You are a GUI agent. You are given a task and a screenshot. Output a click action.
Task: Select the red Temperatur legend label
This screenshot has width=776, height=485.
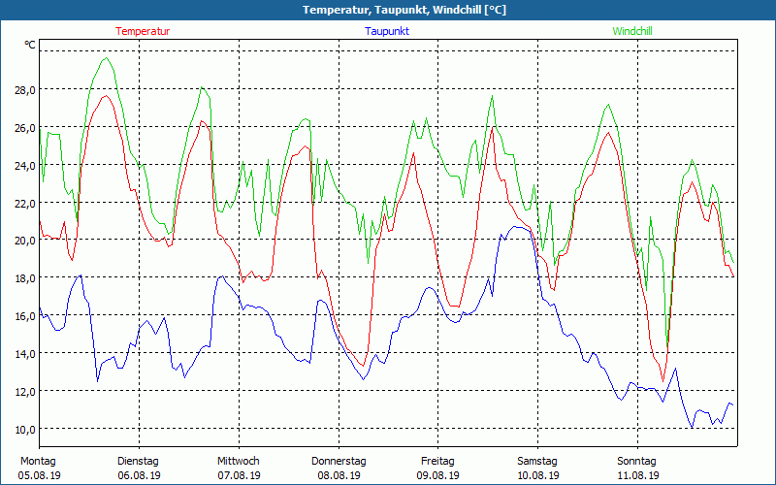pyautogui.click(x=143, y=31)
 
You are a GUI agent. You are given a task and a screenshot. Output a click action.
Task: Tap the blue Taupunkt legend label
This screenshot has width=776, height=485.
pyautogui.click(x=386, y=31)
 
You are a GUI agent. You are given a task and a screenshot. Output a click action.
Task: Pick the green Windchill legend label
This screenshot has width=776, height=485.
pyautogui.click(x=631, y=31)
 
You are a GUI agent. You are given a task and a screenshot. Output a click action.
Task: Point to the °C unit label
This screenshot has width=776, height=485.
pyautogui.click(x=30, y=45)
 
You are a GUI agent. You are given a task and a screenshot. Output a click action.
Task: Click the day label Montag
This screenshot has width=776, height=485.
pyautogui.click(x=39, y=461)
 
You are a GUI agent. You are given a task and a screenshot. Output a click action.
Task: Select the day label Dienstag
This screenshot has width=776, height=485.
pyautogui.click(x=138, y=461)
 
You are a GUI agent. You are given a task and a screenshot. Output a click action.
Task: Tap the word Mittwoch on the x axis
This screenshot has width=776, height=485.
pyautogui.click(x=238, y=461)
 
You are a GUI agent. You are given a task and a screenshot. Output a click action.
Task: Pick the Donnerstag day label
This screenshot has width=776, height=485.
pyautogui.click(x=339, y=461)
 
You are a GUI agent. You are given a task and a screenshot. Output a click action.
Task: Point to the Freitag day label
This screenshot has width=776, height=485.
pyautogui.click(x=437, y=461)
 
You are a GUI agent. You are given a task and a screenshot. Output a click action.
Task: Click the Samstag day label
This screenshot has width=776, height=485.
pyautogui.click(x=537, y=461)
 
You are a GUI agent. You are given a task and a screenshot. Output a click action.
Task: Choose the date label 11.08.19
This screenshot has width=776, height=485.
pyautogui.click(x=637, y=475)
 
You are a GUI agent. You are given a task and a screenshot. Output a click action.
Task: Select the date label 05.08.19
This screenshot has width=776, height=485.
pyautogui.click(x=39, y=475)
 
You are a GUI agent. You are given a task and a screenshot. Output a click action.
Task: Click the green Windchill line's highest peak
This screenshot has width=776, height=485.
pyautogui.click(x=106, y=58)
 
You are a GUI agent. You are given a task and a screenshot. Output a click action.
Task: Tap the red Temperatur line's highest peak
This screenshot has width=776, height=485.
pyautogui.click(x=106, y=95)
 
